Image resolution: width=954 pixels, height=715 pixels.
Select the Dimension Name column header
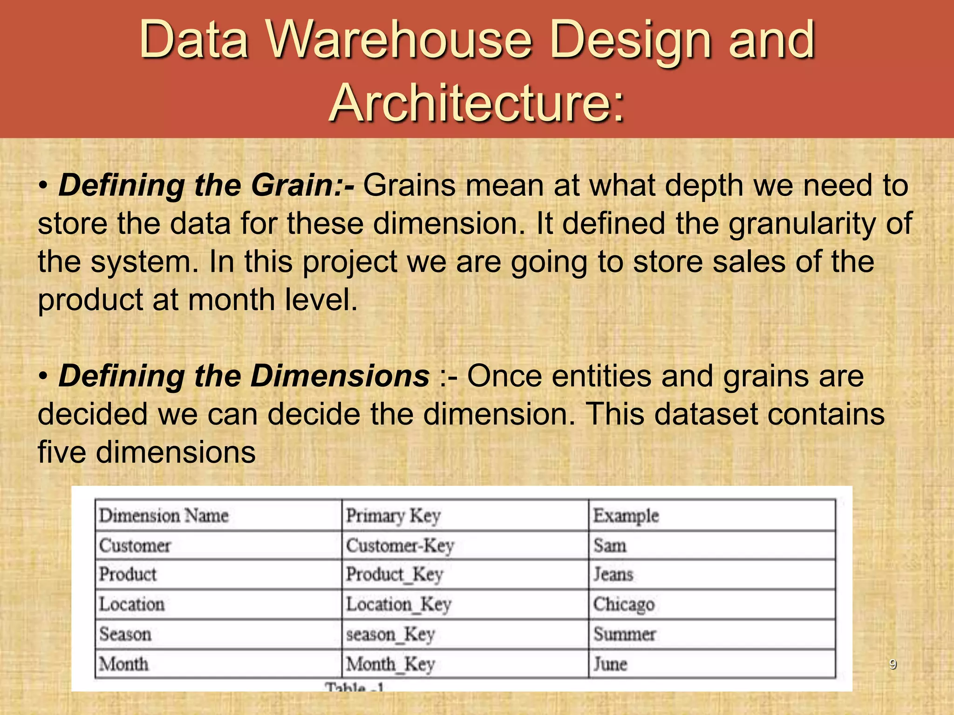click(x=164, y=516)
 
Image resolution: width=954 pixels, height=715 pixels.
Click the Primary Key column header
click(x=393, y=516)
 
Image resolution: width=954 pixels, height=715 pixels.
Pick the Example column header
click(x=626, y=516)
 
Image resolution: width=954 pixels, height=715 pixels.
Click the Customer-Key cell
click(x=400, y=546)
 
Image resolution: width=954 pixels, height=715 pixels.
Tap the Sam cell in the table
click(x=609, y=546)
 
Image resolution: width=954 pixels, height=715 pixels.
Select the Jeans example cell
click(x=613, y=574)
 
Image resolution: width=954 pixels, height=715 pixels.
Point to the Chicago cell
click(x=624, y=604)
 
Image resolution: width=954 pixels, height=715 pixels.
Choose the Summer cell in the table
click(x=624, y=634)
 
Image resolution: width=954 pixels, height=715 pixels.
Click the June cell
click(x=610, y=664)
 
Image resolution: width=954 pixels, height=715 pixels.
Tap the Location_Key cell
click(x=399, y=604)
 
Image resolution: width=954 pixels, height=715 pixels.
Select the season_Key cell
click(x=390, y=634)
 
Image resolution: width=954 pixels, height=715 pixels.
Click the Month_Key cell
click(x=390, y=664)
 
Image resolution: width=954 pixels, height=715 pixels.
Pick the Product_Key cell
click(x=394, y=574)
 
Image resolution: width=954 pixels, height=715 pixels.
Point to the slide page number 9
click(x=893, y=664)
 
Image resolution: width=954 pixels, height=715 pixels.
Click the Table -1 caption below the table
click(x=354, y=686)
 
